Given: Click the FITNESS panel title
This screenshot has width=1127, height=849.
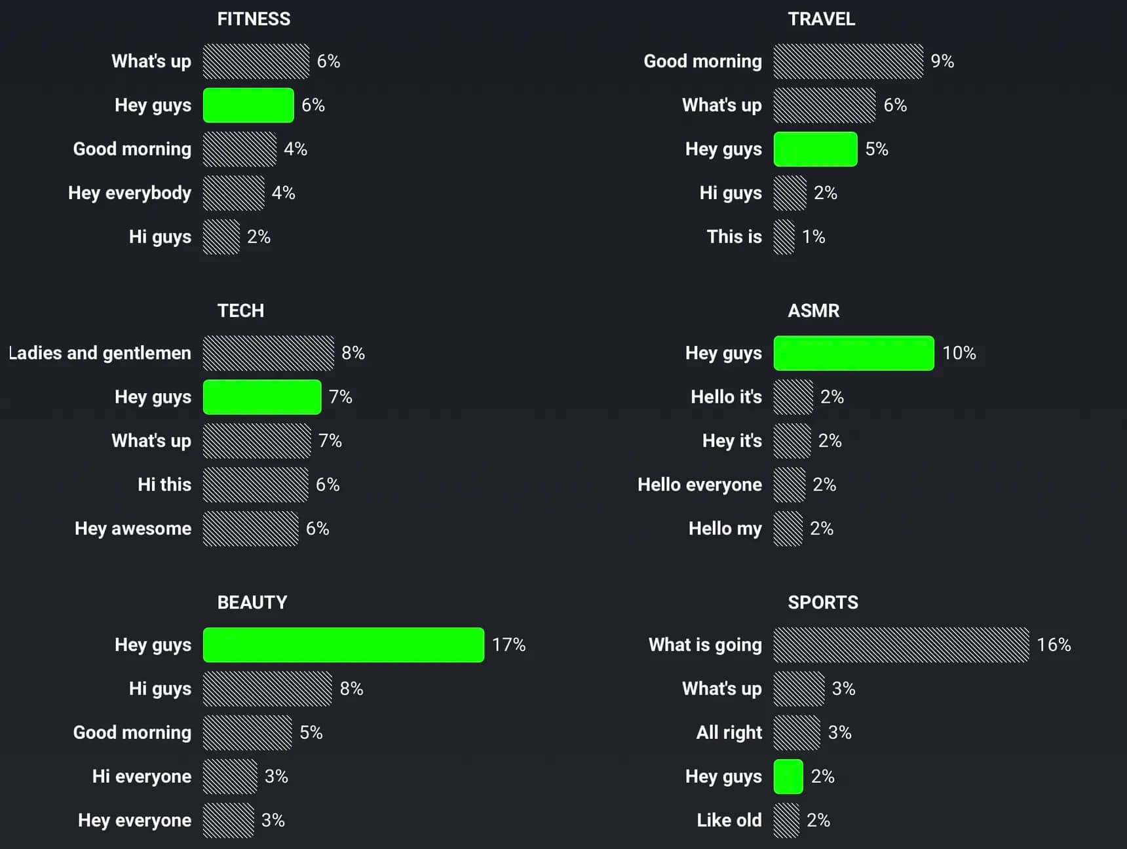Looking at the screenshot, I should click(x=254, y=19).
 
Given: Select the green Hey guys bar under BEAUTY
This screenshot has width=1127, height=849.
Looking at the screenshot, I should click(x=343, y=645).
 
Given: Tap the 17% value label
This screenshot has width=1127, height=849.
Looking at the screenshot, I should click(x=508, y=645).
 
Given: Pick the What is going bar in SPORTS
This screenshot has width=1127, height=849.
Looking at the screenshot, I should click(x=901, y=645).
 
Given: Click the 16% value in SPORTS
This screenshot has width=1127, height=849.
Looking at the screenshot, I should click(x=1054, y=645).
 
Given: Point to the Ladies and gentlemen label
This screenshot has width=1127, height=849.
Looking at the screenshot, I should click(x=100, y=353).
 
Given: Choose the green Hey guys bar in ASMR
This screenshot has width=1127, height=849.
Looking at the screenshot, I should click(x=854, y=353).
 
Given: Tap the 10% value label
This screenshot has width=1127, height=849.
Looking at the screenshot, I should click(x=959, y=353).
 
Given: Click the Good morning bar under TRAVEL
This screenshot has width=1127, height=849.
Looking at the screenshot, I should click(x=848, y=61).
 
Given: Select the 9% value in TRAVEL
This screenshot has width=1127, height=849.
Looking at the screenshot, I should click(x=942, y=61).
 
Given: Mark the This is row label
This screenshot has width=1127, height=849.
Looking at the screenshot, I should click(x=734, y=236).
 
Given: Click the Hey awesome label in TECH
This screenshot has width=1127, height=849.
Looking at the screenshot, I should click(x=133, y=529).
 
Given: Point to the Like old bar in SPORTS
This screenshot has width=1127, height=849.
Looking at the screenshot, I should click(x=786, y=820).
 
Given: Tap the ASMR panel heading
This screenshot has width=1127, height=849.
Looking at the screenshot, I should click(x=813, y=311).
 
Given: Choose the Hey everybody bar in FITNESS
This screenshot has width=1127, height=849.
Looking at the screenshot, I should click(x=233, y=193).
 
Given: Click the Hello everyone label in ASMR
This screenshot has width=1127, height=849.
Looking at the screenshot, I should click(x=700, y=485).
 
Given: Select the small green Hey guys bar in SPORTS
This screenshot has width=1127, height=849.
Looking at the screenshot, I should click(x=788, y=776).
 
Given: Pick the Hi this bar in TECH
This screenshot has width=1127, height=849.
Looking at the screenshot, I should click(x=256, y=485).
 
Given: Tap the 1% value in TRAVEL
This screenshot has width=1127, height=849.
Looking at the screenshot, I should click(x=813, y=236).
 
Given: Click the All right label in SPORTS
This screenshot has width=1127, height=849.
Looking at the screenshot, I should click(x=729, y=732).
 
